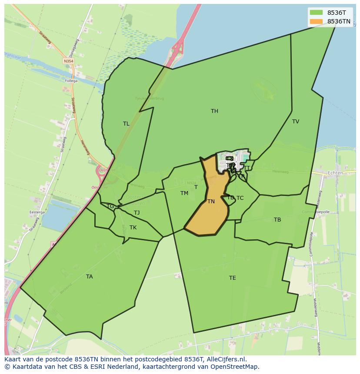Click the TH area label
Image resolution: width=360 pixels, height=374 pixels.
(214, 111)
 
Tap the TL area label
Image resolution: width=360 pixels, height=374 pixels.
(126, 124)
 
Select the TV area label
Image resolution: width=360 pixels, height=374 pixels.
(296, 122)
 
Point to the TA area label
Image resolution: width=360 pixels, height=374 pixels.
(89, 277)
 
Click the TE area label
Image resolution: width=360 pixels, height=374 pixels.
(233, 278)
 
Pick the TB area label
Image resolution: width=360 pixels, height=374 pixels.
(277, 220)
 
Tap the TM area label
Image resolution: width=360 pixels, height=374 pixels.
(184, 193)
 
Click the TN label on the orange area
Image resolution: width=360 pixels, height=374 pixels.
(211, 202)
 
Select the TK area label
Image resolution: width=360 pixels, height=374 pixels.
(133, 228)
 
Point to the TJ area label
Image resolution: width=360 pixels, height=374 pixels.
(137, 213)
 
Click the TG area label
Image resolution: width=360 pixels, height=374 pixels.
(110, 206)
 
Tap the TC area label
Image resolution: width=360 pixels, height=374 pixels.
(240, 198)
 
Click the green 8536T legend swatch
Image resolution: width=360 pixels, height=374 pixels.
(317, 13)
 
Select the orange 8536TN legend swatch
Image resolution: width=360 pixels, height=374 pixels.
(317, 21)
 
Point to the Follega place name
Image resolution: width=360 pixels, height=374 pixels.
(71, 81)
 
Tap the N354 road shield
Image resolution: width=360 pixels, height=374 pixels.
(68, 62)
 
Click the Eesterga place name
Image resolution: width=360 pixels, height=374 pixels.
(37, 212)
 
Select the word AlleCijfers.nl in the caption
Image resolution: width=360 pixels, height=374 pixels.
(227, 360)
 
